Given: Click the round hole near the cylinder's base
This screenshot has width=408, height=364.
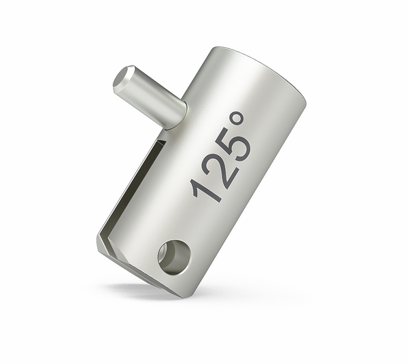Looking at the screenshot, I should coord(174,257).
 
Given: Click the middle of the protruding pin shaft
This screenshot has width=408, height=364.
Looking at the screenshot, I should coord(150,95).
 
